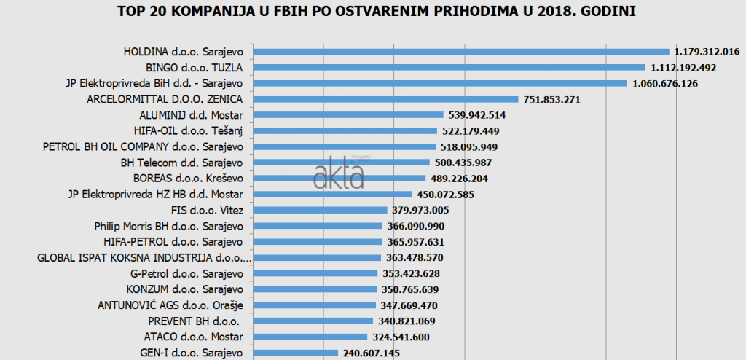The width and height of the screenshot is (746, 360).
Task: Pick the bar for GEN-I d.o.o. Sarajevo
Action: [295, 353]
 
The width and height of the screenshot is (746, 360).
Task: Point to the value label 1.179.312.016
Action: [707, 52]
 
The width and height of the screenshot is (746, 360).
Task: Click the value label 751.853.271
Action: [551, 100]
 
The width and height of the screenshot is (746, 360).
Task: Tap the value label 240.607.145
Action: [371, 353]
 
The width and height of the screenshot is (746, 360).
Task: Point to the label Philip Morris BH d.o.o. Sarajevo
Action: [168, 226]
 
